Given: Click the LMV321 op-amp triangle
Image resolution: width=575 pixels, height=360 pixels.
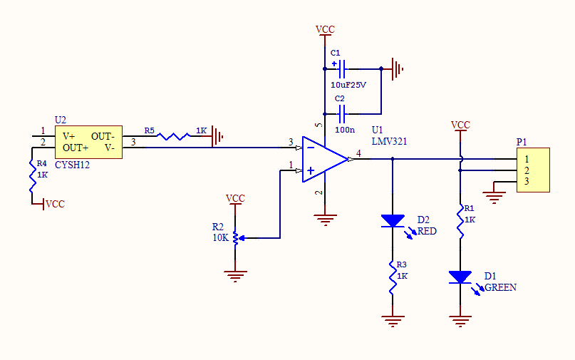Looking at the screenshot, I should pyautogui.click(x=324, y=160).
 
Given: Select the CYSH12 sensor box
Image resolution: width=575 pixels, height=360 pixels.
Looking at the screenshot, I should pyautogui.click(x=88, y=141).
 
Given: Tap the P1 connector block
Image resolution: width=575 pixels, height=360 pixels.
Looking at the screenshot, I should pyautogui.click(x=534, y=170).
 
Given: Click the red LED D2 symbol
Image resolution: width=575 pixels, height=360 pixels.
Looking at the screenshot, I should pyautogui.click(x=392, y=221).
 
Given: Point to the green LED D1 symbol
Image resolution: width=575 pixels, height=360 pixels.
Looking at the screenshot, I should pyautogui.click(x=460, y=277).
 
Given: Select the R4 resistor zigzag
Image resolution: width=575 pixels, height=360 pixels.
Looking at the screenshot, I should pyautogui.click(x=33, y=176).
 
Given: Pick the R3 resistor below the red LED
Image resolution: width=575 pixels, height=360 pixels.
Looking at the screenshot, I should pyautogui.click(x=392, y=277).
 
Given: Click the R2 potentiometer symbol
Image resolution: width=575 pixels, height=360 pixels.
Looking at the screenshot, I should pyautogui.click(x=237, y=237).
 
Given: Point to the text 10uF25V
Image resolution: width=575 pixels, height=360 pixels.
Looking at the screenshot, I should pyautogui.click(x=348, y=85).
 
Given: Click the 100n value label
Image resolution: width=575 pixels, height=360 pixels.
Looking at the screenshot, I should pyautogui.click(x=345, y=130).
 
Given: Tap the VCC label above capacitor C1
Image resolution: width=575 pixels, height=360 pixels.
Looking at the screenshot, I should pyautogui.click(x=325, y=29).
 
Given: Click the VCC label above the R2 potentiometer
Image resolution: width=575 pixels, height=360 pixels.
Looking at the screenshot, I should pyautogui.click(x=235, y=198).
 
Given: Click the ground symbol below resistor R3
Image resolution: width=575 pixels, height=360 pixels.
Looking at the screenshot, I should pyautogui.click(x=392, y=319).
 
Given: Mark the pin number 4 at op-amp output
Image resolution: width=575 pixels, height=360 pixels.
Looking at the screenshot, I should pyautogui.click(x=358, y=153).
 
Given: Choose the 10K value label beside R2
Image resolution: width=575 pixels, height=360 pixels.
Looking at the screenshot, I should pyautogui.click(x=220, y=237).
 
